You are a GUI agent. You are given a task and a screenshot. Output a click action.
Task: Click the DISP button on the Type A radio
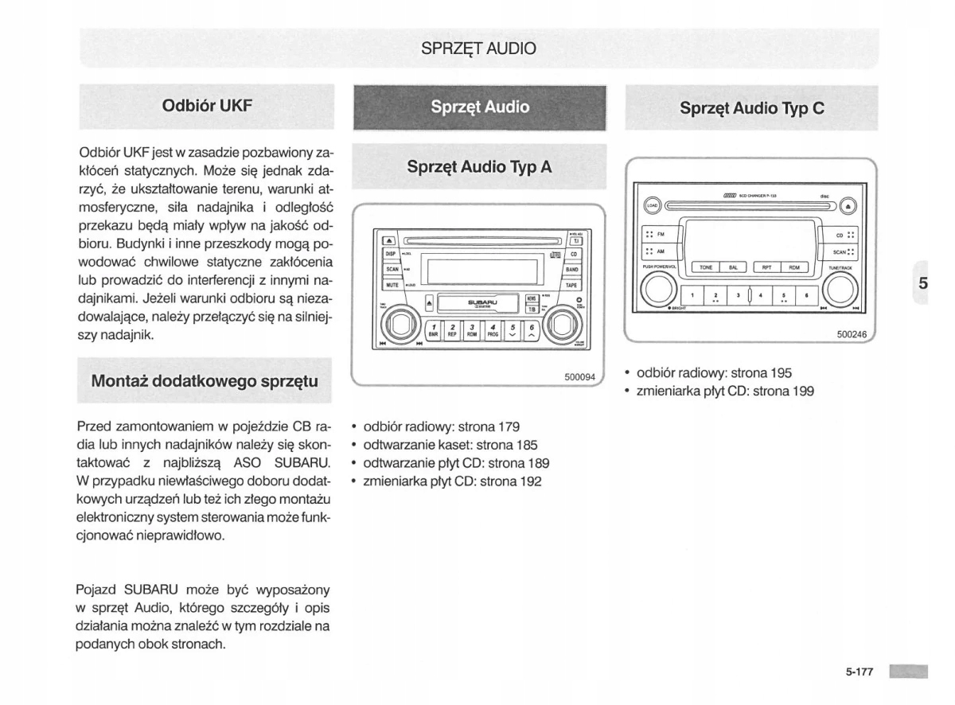click(x=391, y=254)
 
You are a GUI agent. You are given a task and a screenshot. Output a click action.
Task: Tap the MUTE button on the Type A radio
click(x=392, y=284)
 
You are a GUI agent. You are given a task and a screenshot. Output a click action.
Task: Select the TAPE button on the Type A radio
click(x=572, y=284)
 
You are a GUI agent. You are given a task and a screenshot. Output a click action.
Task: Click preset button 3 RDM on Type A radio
click(x=472, y=329)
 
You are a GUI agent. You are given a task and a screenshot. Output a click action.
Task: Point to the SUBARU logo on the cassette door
click(x=482, y=302)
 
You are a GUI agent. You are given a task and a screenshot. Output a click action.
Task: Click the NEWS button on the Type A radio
click(x=532, y=299)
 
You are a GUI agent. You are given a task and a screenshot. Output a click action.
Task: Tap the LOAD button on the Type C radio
click(x=652, y=204)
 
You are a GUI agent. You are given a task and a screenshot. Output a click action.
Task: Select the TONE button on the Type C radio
click(x=706, y=268)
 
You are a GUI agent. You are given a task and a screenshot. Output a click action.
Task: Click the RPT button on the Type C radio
click(x=766, y=268)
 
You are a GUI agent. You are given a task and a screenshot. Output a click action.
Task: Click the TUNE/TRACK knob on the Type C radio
click(x=840, y=289)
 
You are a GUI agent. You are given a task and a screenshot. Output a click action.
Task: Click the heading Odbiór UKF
click(x=207, y=105)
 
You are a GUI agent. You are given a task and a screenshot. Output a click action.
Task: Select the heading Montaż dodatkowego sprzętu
click(x=205, y=380)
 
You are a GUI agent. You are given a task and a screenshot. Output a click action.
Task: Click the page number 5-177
click(x=859, y=672)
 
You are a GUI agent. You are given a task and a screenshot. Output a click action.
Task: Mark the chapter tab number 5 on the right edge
click(x=922, y=283)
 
